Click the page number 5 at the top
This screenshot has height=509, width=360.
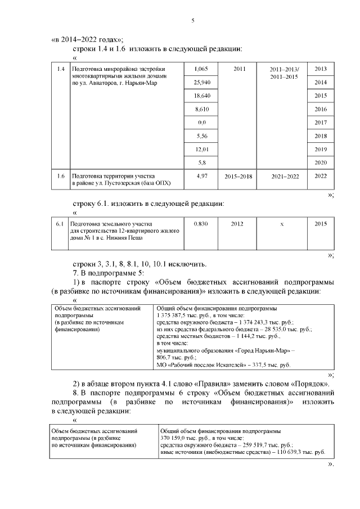(x=193, y=21)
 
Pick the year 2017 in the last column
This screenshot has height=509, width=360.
(x=321, y=123)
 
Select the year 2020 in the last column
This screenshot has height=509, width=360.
(x=321, y=163)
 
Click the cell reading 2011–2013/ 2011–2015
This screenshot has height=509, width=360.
(x=285, y=73)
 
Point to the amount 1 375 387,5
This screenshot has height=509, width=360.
(x=175, y=316)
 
